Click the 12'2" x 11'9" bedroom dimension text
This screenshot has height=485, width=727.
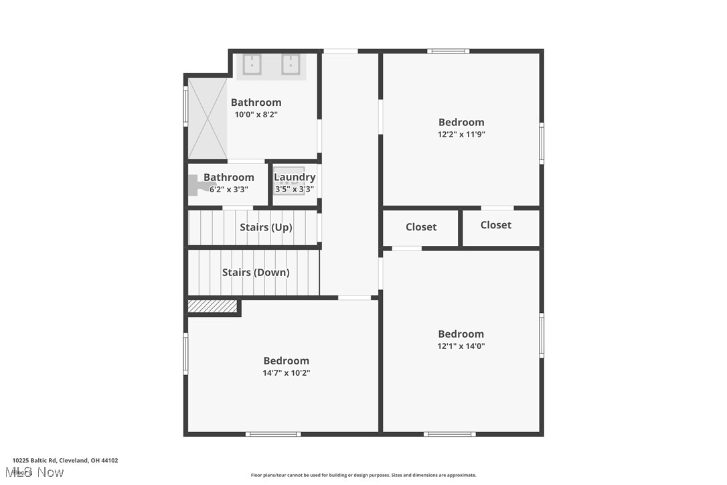point(461,134)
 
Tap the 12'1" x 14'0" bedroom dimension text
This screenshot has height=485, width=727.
point(461,346)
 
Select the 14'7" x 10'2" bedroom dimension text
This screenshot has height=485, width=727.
point(287,373)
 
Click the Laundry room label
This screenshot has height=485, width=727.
point(295,178)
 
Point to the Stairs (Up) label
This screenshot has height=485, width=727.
point(266,227)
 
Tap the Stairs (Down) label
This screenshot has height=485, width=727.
point(256,273)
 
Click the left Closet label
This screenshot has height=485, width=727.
point(421,227)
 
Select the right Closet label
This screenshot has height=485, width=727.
point(496,225)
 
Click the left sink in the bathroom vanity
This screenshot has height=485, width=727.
point(252,65)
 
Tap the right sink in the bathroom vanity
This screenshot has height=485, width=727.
point(291,65)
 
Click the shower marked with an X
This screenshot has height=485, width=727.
point(208,119)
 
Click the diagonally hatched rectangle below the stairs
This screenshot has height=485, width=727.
point(212,306)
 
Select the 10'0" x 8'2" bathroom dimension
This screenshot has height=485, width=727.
point(256,115)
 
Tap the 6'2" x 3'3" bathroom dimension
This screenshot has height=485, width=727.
point(229,190)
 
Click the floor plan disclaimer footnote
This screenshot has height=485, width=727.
point(363,475)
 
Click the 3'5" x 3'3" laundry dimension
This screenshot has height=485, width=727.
point(295,190)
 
